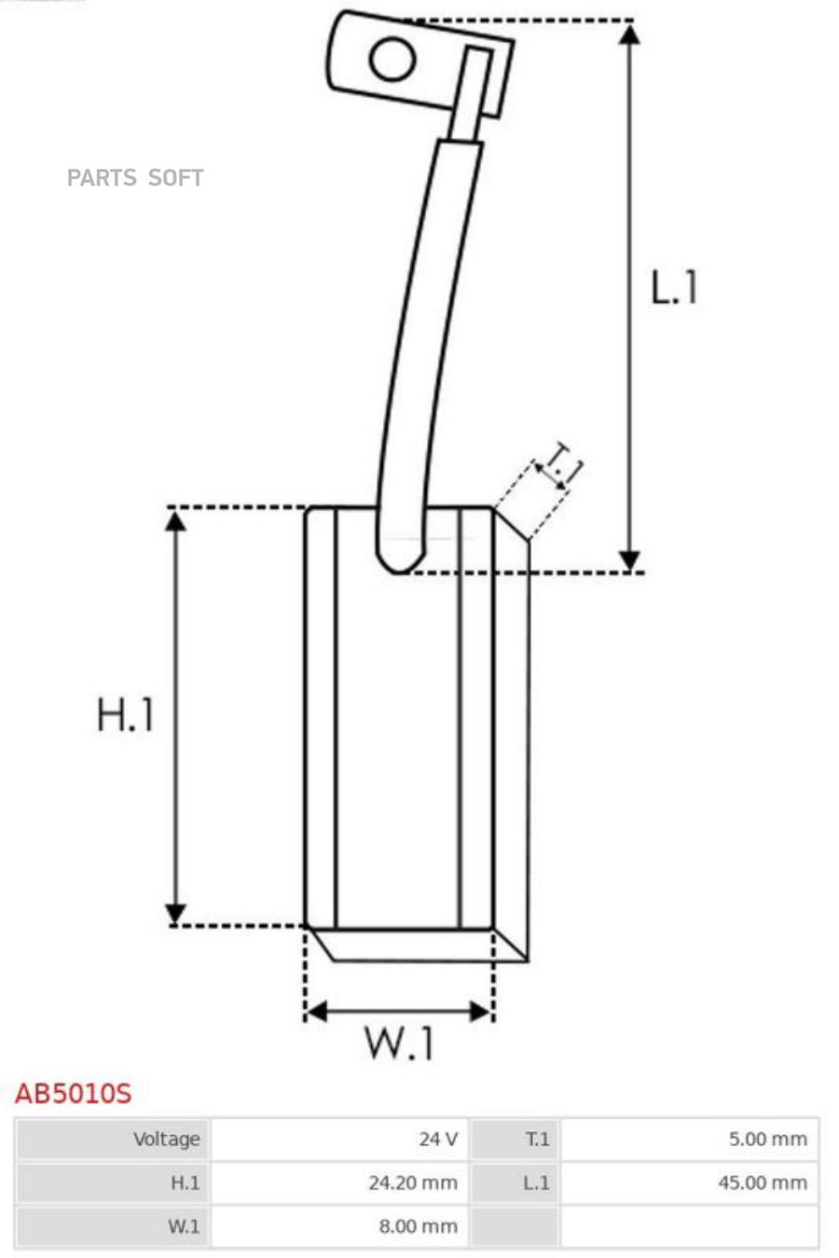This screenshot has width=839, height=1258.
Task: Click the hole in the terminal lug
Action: tap(392, 59)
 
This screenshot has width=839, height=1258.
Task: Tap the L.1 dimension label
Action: tap(673, 287)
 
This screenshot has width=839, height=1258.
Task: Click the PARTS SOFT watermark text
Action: tap(135, 177)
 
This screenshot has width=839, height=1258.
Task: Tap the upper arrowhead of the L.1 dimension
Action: tap(629, 35)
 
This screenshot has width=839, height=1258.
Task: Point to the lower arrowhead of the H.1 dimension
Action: tap(176, 912)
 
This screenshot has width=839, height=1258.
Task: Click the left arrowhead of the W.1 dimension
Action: tap(316, 1012)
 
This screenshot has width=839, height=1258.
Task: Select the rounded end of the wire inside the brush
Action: tap(399, 560)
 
